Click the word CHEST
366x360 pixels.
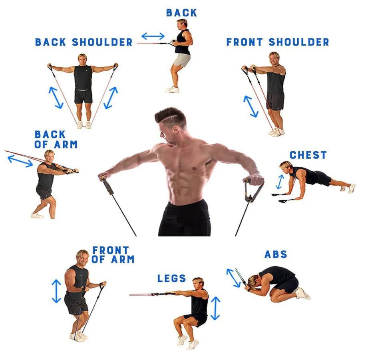click(308, 155)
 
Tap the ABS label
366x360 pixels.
click(276, 254)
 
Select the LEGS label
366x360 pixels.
click(171, 278)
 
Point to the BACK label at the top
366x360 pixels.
click(181, 13)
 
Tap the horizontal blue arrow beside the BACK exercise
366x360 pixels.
click(153, 36)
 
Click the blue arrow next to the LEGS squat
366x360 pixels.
click(215, 308)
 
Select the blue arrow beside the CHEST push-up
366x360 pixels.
click(280, 182)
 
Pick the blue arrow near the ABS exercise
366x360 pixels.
click(233, 278)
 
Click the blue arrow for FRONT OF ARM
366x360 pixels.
click(56, 291)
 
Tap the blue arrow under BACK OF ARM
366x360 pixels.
click(20, 161)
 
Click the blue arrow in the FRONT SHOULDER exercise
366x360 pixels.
click(251, 106)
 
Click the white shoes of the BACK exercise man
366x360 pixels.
click(173, 89)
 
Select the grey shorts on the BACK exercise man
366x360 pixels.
click(182, 60)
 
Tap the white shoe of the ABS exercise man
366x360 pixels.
click(302, 293)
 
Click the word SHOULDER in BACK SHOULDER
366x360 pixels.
click(102, 42)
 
